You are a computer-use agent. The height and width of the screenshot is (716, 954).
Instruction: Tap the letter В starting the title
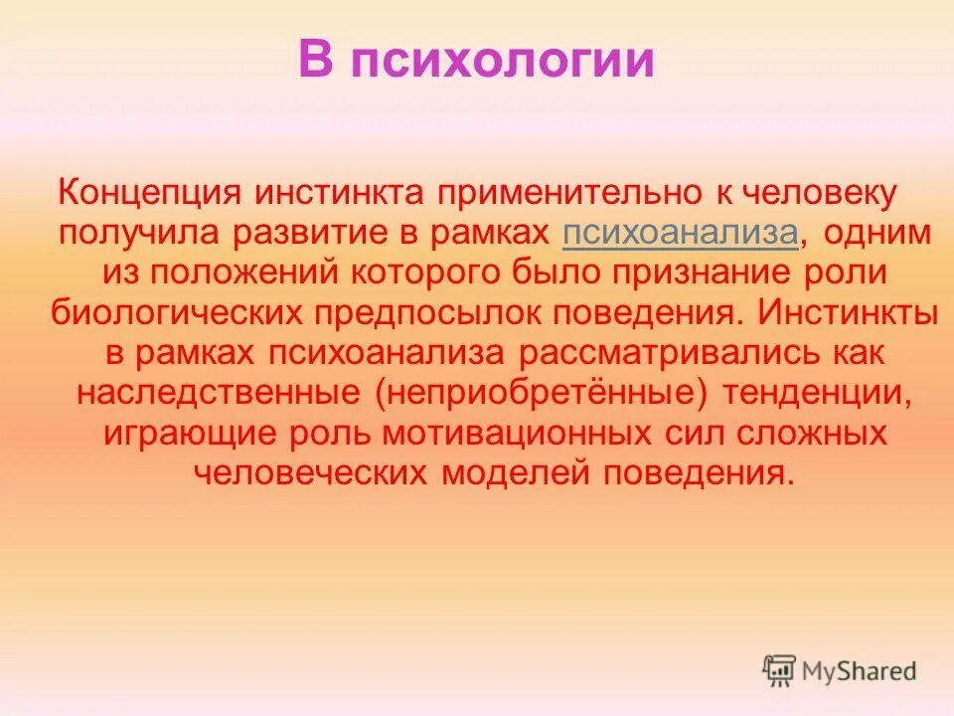[315, 60]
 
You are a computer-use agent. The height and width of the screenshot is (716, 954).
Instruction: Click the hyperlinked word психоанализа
[680, 234]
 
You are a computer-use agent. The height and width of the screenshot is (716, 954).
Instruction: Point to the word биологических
[177, 312]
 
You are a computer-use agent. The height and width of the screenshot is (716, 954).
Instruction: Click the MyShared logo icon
[779, 671]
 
